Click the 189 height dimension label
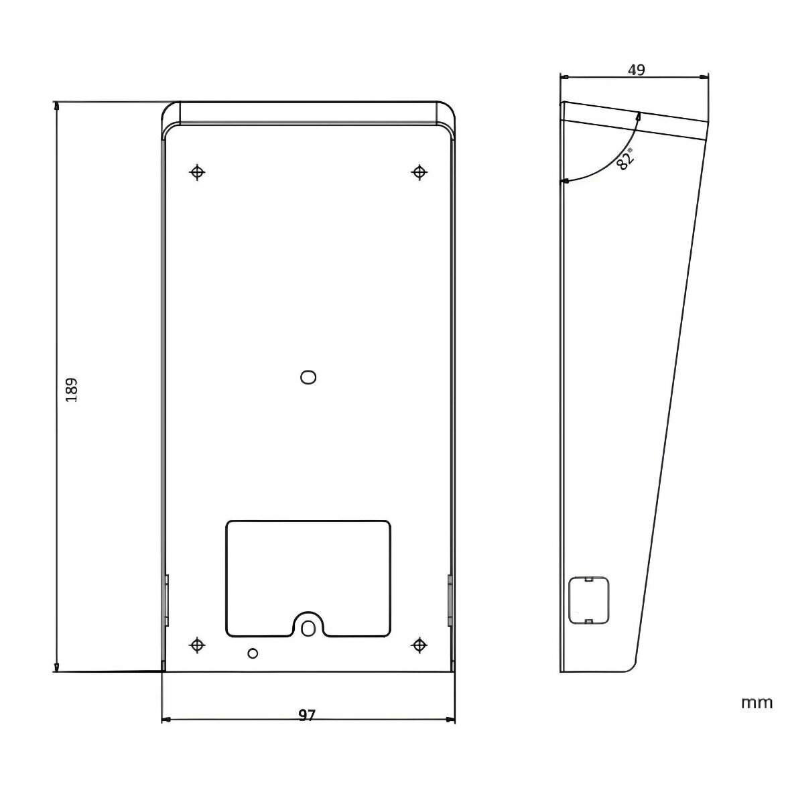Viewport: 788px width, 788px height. (x=72, y=389)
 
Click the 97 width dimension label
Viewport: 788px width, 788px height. (x=307, y=716)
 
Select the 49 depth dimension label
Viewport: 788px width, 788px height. (x=636, y=70)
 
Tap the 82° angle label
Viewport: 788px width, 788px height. (x=625, y=160)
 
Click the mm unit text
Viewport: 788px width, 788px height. (x=757, y=703)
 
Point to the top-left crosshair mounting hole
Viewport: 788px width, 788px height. (x=197, y=172)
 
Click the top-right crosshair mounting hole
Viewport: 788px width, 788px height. (x=419, y=172)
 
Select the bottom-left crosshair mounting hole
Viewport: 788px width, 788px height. (x=197, y=645)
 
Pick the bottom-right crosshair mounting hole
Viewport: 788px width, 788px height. (x=419, y=645)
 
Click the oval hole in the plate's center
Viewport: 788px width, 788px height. (x=308, y=377)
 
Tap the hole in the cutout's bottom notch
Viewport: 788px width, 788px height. (x=308, y=627)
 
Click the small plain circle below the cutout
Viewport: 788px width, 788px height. (x=253, y=653)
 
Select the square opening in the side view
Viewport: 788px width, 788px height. (x=588, y=600)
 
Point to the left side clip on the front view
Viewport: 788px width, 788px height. (x=166, y=600)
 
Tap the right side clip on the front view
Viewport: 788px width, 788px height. (x=450, y=600)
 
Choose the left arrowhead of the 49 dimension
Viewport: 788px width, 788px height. (x=564, y=78)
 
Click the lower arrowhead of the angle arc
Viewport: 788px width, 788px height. (x=566, y=181)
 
